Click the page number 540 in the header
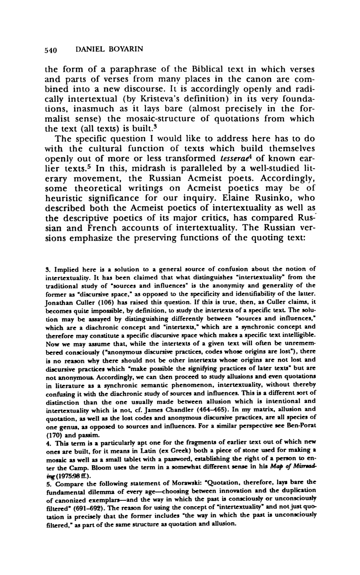point(51,49)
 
